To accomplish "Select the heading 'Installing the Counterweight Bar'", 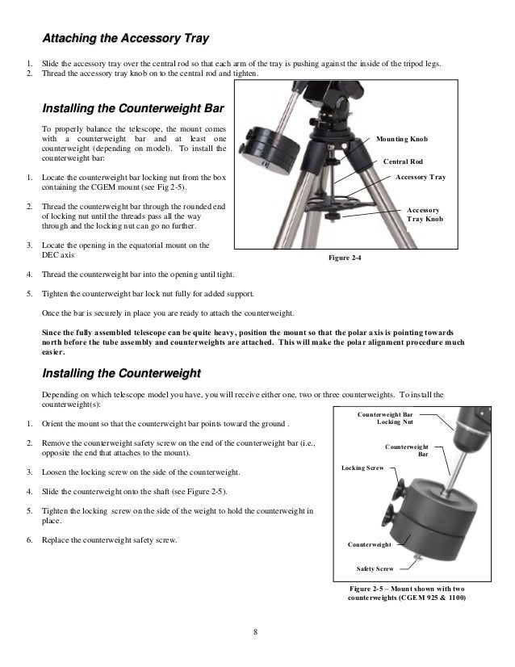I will (132, 108).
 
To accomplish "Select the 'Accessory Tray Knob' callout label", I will (423, 214).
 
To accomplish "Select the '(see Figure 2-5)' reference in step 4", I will (203, 492).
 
